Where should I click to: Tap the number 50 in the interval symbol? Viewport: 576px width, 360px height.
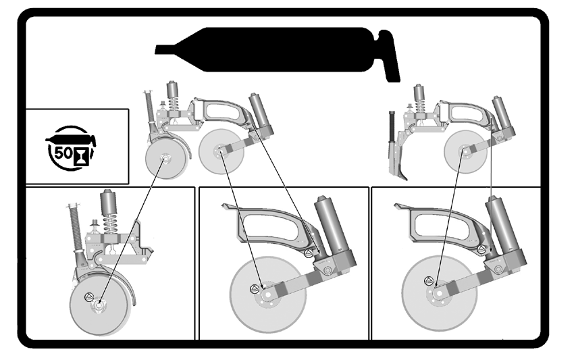click(63, 152)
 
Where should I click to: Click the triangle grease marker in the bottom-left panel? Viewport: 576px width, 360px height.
click(88, 297)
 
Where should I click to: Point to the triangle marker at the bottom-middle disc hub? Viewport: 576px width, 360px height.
click(254, 289)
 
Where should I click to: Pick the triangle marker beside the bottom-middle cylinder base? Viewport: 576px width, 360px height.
click(309, 253)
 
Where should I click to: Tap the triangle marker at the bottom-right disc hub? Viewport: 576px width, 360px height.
click(428, 281)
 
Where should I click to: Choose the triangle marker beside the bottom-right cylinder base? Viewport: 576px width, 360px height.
click(481, 249)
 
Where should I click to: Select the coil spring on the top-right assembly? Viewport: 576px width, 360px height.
click(419, 106)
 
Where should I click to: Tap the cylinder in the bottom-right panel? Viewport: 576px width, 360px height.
click(504, 225)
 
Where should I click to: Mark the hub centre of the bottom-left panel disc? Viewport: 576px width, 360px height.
click(99, 305)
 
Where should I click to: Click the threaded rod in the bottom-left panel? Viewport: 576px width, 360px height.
click(76, 228)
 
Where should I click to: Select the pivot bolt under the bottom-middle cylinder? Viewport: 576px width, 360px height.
click(327, 271)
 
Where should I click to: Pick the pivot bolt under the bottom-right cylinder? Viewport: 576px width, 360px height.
click(498, 269)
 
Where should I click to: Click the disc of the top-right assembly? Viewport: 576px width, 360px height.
click(466, 151)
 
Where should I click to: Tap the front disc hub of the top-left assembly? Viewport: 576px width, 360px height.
click(164, 159)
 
